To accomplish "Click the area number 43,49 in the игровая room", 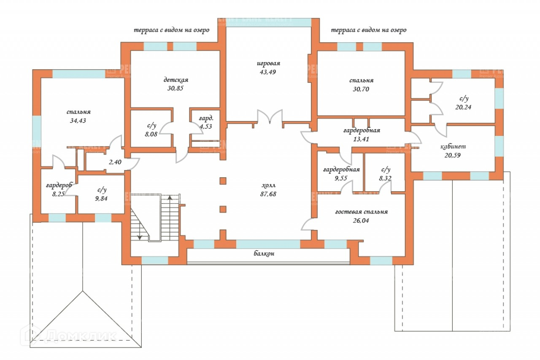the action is (x=268, y=72).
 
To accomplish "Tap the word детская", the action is (x=175, y=80).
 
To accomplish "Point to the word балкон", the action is (x=265, y=254).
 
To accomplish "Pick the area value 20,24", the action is (x=463, y=107).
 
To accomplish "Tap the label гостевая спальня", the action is (x=362, y=212).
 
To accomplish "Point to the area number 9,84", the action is (x=101, y=198).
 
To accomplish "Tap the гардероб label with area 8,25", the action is (x=59, y=185).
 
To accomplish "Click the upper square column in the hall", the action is (x=223, y=181).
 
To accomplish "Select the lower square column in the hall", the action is (x=223, y=209).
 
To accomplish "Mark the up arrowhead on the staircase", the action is (x=170, y=197).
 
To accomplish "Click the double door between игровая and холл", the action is (x=270, y=117).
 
